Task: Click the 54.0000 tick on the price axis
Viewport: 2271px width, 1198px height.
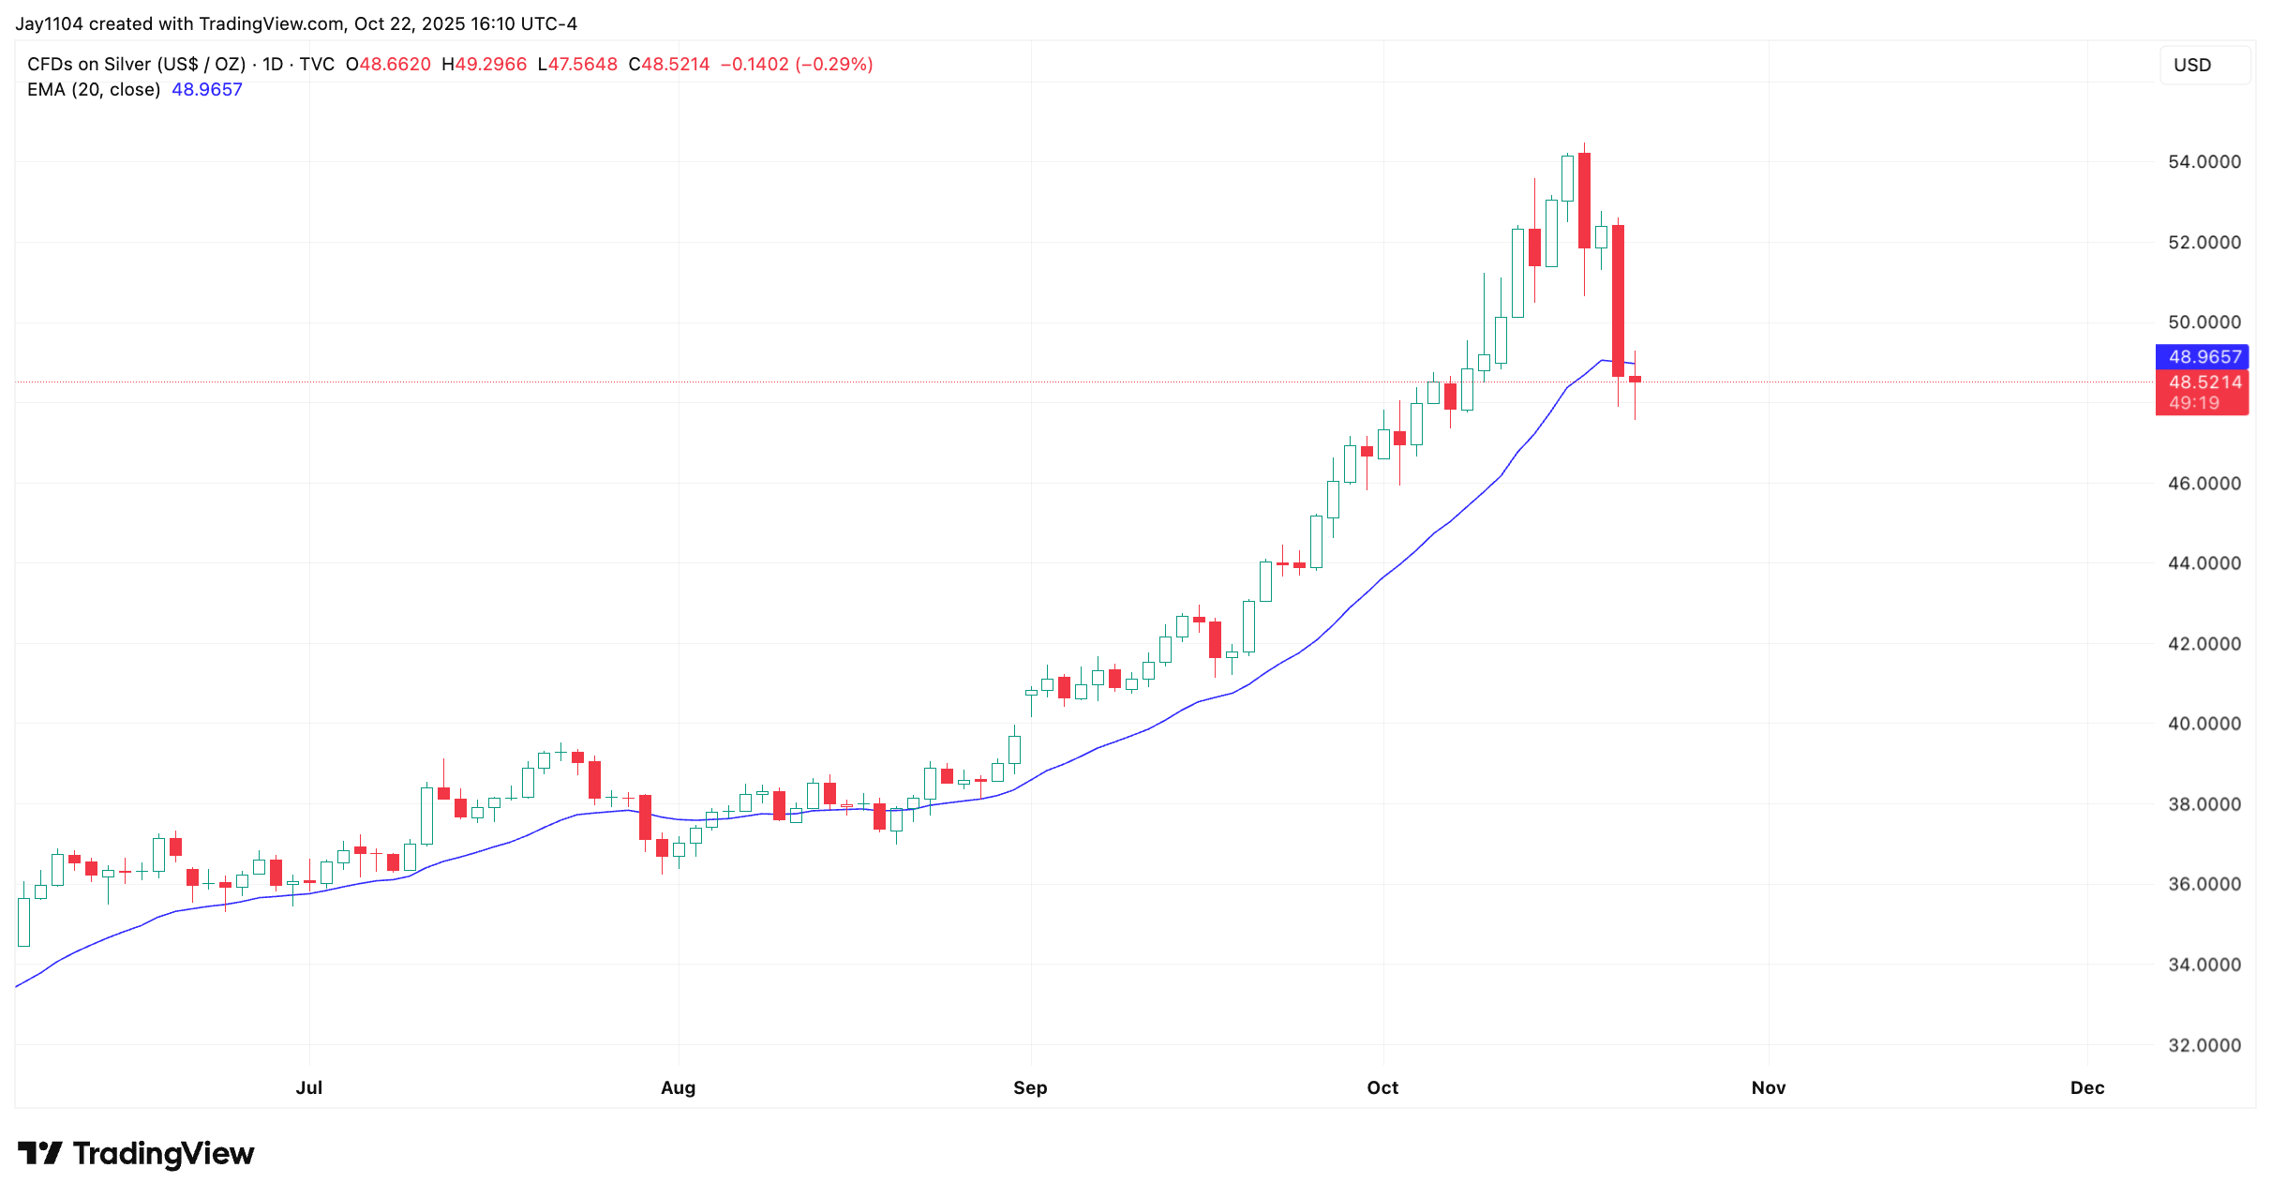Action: point(2204,162)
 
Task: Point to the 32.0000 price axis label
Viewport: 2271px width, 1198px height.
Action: point(2204,1045)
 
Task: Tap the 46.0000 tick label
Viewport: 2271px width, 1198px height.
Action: point(2204,484)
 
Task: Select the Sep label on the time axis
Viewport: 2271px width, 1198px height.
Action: point(1030,1087)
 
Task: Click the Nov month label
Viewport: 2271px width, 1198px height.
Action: point(1768,1087)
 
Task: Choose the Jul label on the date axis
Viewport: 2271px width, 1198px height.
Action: point(308,1087)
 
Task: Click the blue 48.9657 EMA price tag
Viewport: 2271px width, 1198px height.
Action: point(2204,357)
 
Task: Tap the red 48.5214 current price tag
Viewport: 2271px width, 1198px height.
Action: point(2204,382)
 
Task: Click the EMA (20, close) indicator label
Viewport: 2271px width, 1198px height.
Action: point(94,90)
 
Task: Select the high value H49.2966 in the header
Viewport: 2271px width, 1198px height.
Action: point(484,65)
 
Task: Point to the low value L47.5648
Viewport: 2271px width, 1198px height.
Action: point(577,65)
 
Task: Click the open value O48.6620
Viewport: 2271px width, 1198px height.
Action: point(388,65)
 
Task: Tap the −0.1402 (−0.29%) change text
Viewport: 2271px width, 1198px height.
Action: point(796,65)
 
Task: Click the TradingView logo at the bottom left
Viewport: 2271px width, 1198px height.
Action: point(136,1153)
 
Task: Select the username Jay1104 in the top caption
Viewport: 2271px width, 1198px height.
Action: point(49,23)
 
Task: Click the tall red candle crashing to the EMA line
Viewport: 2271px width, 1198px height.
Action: point(1618,300)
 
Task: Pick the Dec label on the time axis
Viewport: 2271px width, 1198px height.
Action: point(2087,1087)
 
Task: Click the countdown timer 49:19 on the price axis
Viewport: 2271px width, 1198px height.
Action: point(2194,403)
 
